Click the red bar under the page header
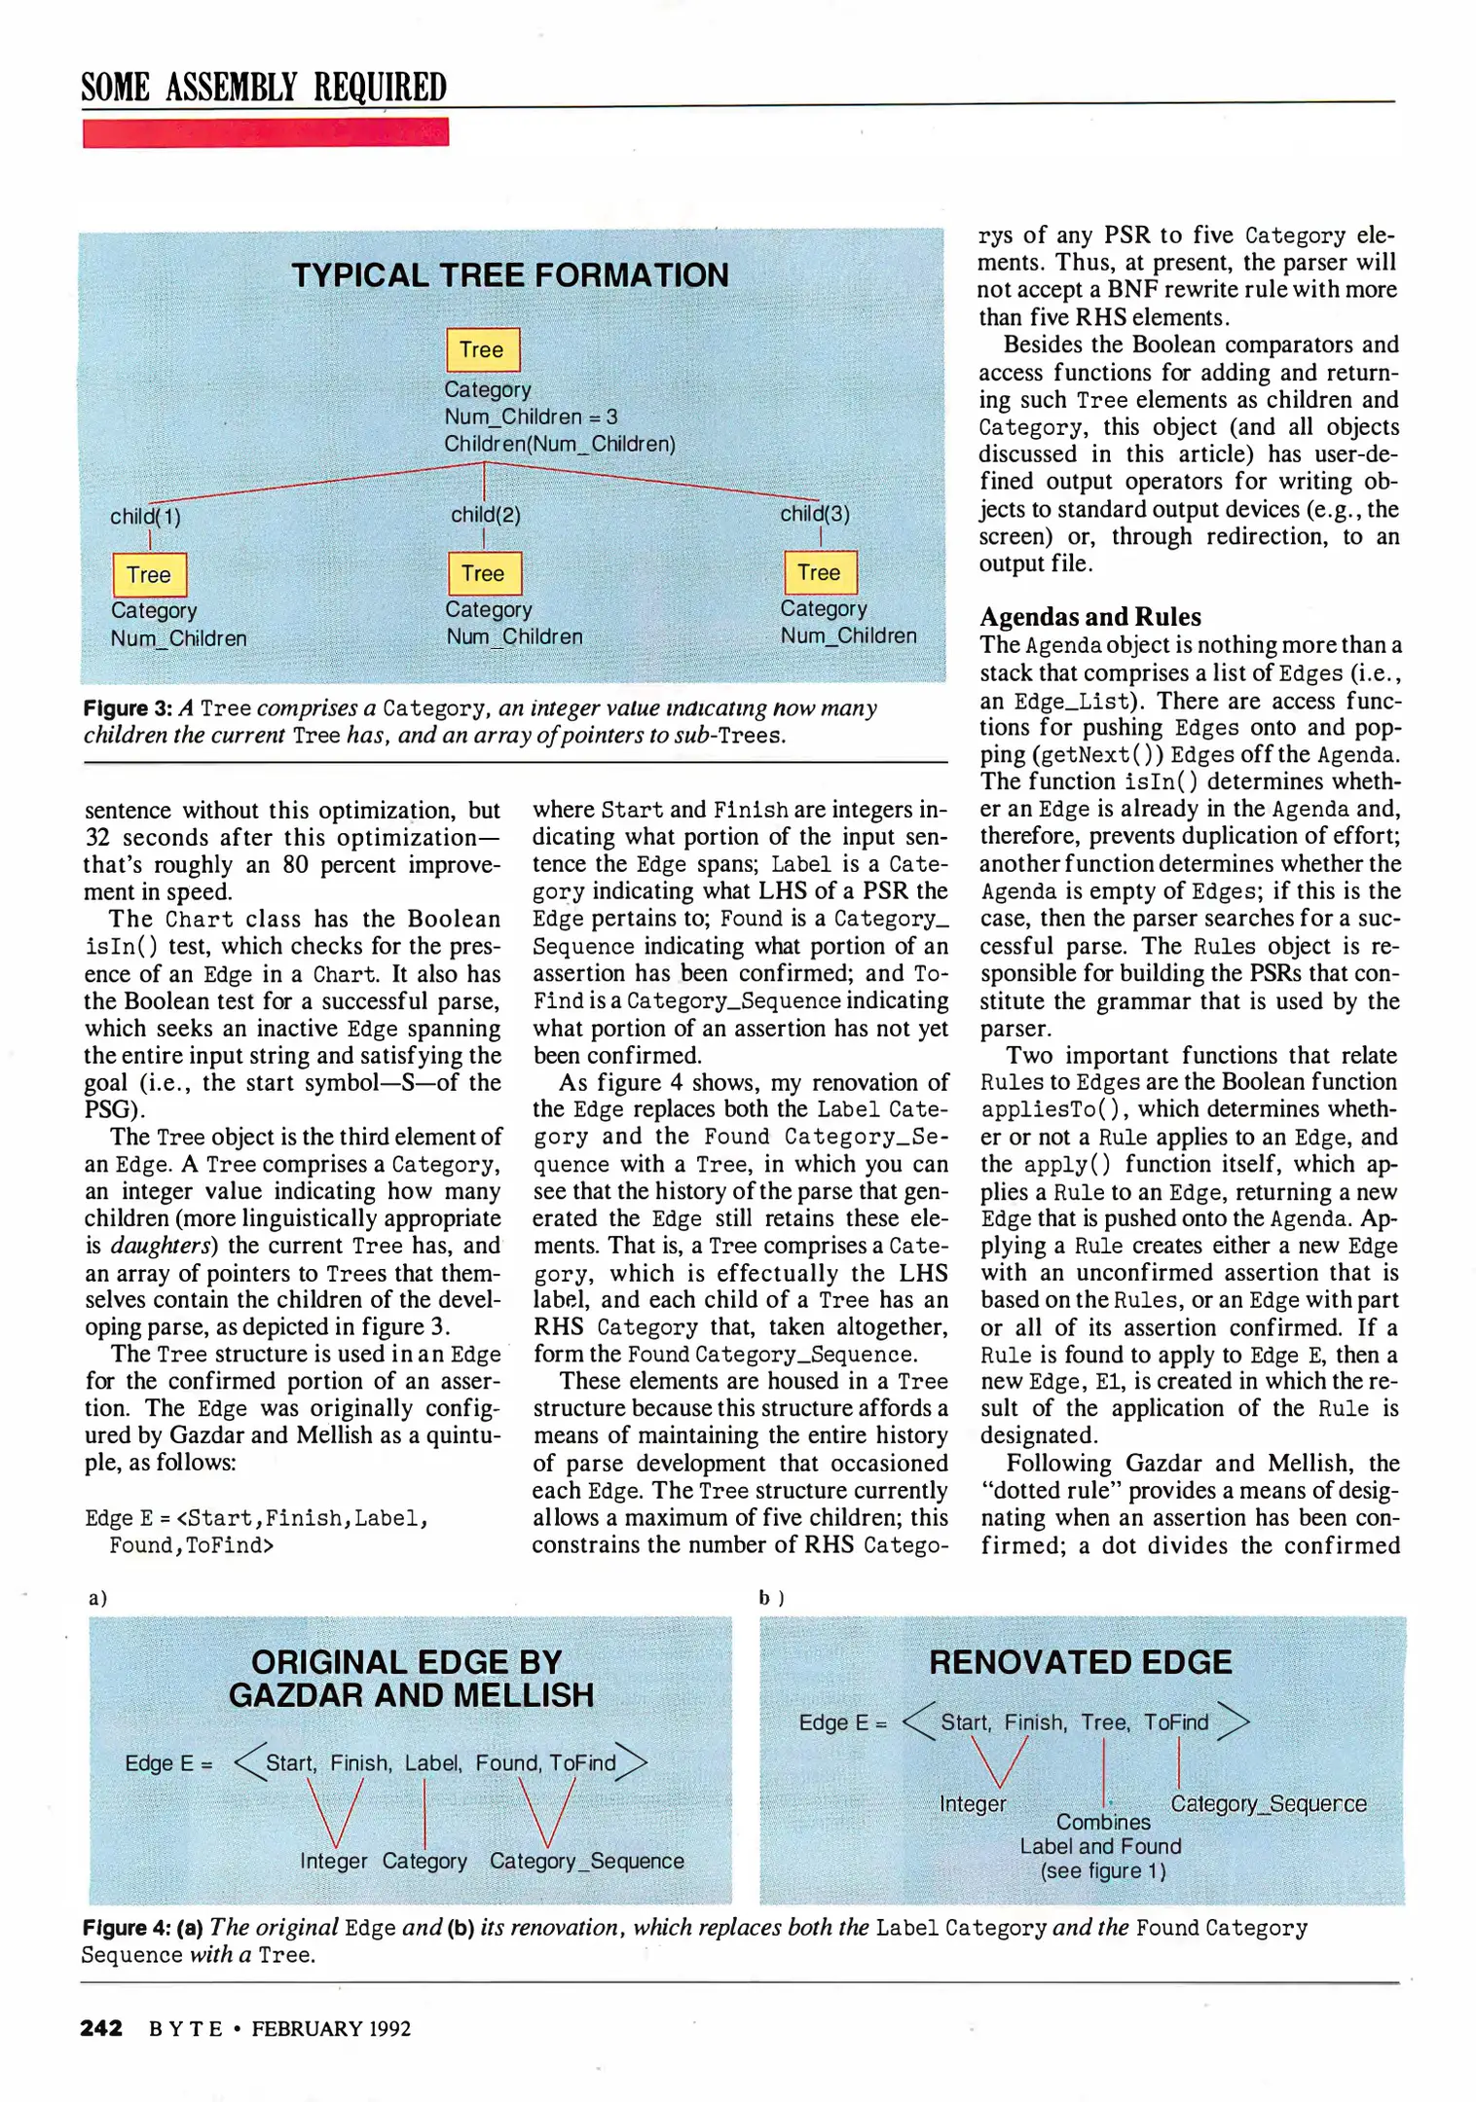pyautogui.click(x=265, y=132)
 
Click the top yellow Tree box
pyautogui.click(x=483, y=349)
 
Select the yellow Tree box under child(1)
pyautogui.click(x=149, y=575)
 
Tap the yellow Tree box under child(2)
pyautogui.click(x=484, y=573)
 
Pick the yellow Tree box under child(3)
pyautogui.click(x=820, y=572)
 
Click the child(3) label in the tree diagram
pyautogui.click(x=815, y=514)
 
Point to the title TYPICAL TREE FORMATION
pyautogui.click(x=509, y=275)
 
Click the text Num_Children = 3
pyautogui.click(x=531, y=417)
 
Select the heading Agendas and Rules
pyautogui.click(x=1089, y=617)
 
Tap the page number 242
pyautogui.click(x=101, y=2028)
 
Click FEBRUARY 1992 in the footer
pyautogui.click(x=331, y=2029)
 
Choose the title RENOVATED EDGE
pyautogui.click(x=1080, y=1662)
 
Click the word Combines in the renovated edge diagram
pyautogui.click(x=1103, y=1822)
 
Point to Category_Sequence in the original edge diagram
pyautogui.click(x=586, y=1861)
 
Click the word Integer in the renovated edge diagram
pyautogui.click(x=973, y=1804)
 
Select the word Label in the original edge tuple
pyautogui.click(x=433, y=1762)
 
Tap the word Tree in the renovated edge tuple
pyautogui.click(x=1104, y=1722)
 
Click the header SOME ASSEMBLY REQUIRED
pyautogui.click(x=264, y=88)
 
